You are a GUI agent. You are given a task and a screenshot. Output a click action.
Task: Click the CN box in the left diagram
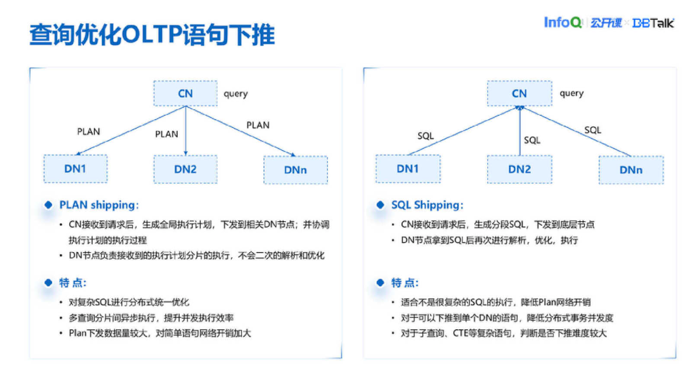pyautogui.click(x=185, y=93)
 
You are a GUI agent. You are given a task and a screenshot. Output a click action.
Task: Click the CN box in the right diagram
pyautogui.click(x=519, y=93)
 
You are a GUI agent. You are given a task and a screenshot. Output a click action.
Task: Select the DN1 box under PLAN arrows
pyautogui.click(x=75, y=169)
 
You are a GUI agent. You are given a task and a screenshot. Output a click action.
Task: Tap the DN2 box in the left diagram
pyautogui.click(x=185, y=169)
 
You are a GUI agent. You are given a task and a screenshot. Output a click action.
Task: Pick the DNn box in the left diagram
pyautogui.click(x=295, y=170)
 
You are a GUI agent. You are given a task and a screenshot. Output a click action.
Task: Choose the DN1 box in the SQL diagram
pyautogui.click(x=408, y=169)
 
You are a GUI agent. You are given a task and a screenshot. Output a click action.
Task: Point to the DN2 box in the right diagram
pyautogui.click(x=519, y=169)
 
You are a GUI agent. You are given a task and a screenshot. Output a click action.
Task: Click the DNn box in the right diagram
pyautogui.click(x=631, y=170)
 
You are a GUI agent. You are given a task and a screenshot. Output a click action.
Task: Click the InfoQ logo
pyautogui.click(x=563, y=22)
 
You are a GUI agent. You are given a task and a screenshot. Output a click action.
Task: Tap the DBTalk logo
pyautogui.click(x=653, y=23)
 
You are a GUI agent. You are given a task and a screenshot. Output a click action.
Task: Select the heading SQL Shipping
pyautogui.click(x=427, y=205)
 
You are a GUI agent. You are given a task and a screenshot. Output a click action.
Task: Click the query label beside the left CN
pyautogui.click(x=236, y=93)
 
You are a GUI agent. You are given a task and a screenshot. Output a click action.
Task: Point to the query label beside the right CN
pyautogui.click(x=571, y=93)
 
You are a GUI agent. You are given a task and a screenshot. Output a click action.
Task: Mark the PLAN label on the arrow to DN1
pyautogui.click(x=89, y=132)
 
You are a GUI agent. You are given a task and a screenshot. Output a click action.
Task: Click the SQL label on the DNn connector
pyautogui.click(x=592, y=130)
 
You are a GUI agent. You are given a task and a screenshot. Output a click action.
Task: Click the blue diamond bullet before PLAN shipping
pyautogui.click(x=49, y=205)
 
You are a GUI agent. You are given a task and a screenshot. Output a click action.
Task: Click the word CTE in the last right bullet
pyautogui.click(x=462, y=333)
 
